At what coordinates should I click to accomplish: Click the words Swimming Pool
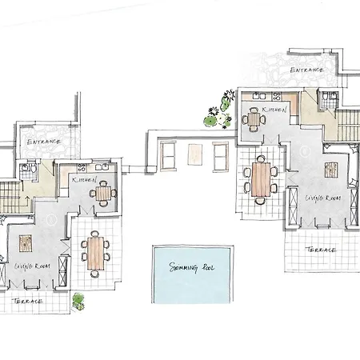click(192, 267)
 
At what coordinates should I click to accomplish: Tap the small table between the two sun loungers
click(195, 154)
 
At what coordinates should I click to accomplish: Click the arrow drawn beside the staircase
click(26, 202)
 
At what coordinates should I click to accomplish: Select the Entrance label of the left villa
click(43, 142)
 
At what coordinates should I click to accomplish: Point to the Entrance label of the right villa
click(306, 70)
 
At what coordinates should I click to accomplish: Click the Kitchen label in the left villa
click(84, 180)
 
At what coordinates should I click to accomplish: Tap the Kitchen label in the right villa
click(274, 110)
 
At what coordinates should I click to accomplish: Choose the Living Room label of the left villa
click(32, 266)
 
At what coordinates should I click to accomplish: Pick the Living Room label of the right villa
click(323, 198)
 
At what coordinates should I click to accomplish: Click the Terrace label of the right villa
click(321, 250)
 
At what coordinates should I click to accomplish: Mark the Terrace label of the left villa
click(27, 302)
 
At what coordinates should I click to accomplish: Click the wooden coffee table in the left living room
click(26, 243)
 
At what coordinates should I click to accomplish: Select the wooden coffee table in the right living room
click(331, 170)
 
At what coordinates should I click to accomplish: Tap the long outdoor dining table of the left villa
click(95, 253)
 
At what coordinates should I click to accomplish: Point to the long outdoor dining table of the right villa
click(261, 179)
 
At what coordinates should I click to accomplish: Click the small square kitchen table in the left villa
click(103, 194)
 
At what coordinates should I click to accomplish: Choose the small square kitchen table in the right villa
click(254, 119)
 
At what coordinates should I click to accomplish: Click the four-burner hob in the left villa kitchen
click(82, 168)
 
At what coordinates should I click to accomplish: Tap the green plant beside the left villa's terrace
click(78, 302)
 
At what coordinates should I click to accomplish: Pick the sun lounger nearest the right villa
click(221, 156)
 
